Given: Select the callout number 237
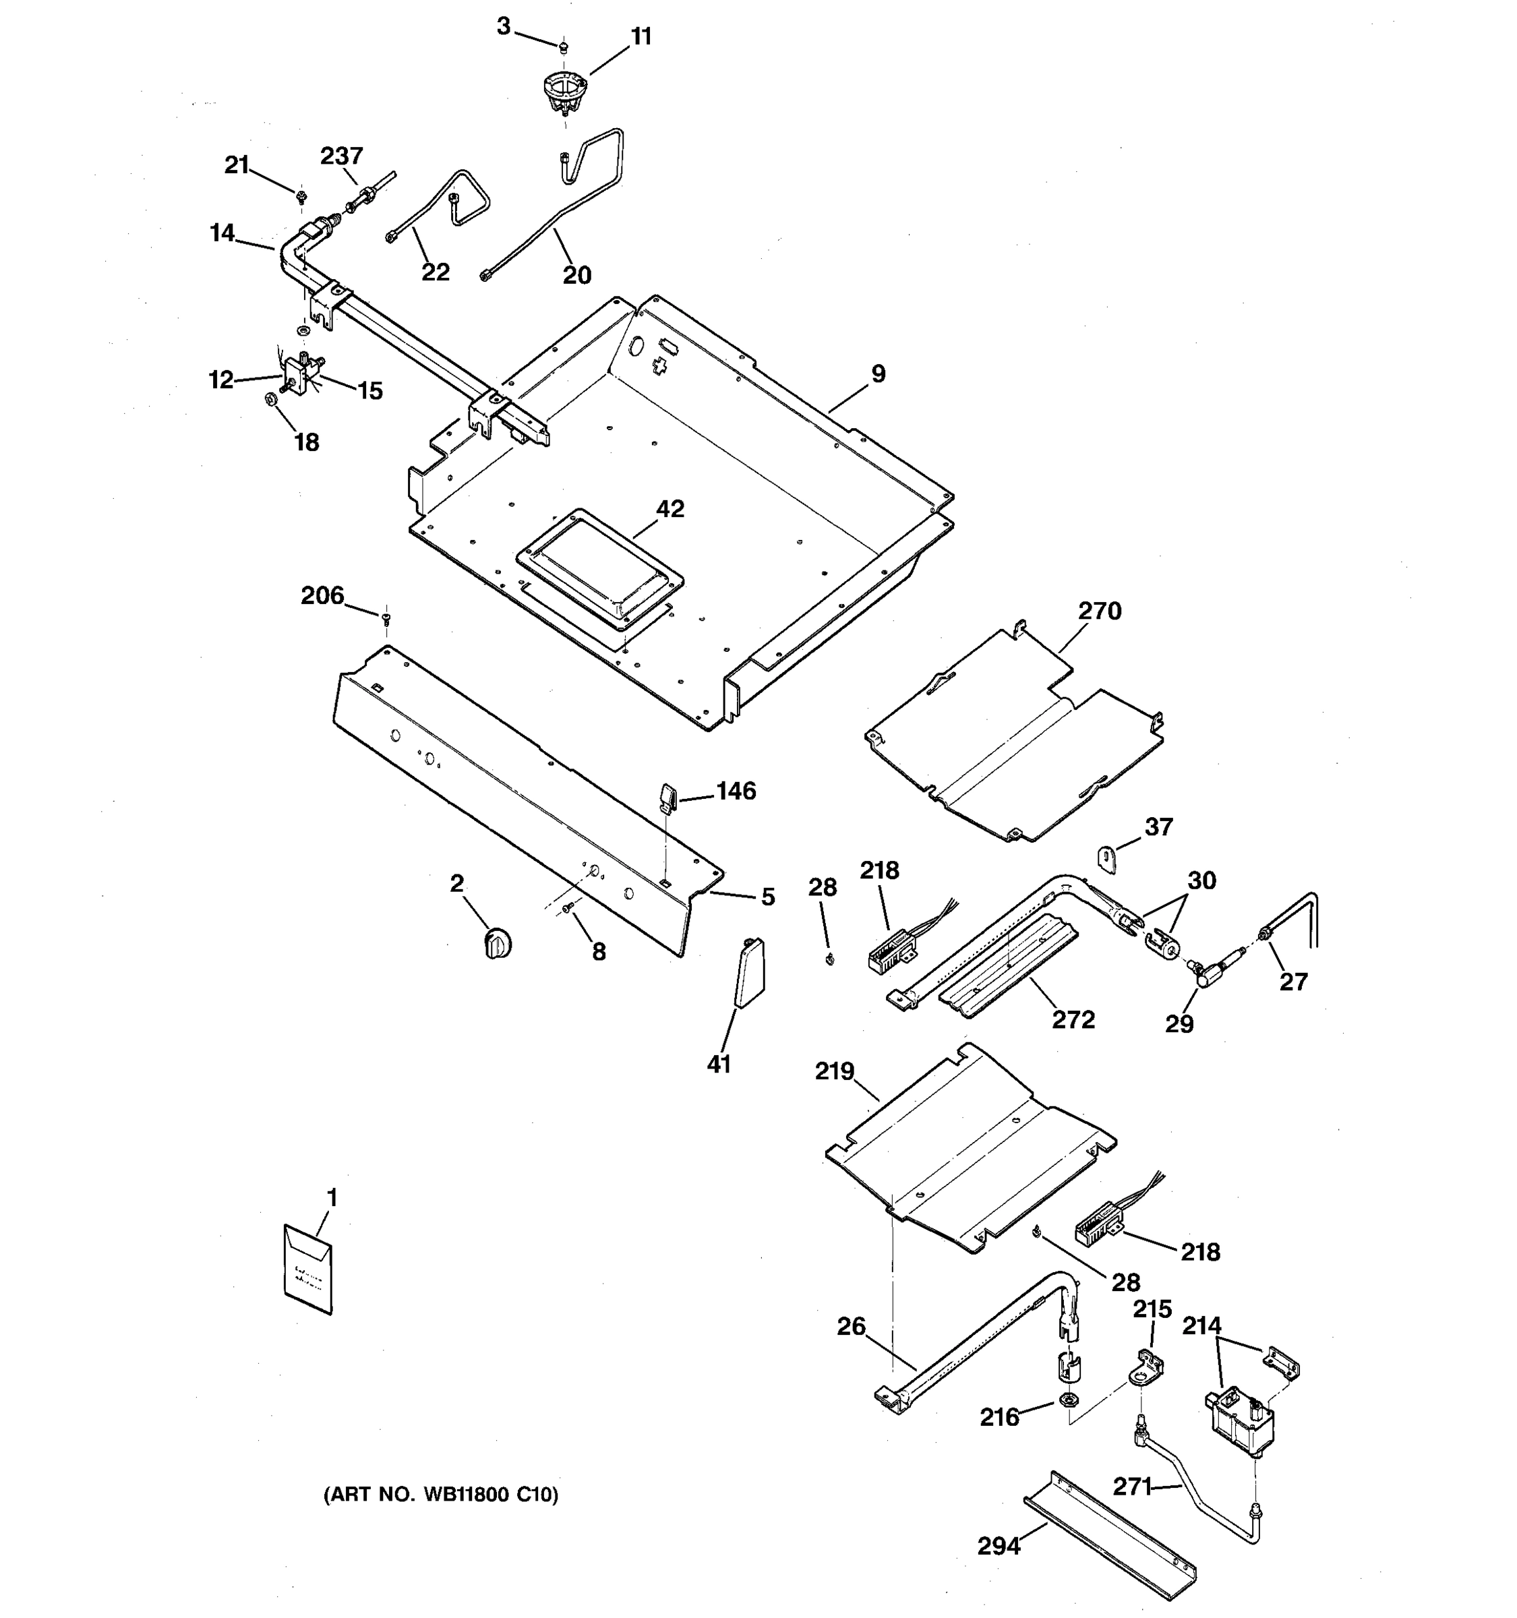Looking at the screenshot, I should click(341, 156).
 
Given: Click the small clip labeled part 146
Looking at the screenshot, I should click(667, 796).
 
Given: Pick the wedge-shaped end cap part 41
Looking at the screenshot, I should click(750, 973).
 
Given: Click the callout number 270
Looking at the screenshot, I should click(1100, 610).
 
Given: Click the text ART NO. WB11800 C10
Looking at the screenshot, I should click(441, 1494).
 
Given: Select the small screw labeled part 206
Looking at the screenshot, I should click(386, 619).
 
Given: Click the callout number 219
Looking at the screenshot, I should click(834, 1071).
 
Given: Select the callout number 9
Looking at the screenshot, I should click(877, 373).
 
